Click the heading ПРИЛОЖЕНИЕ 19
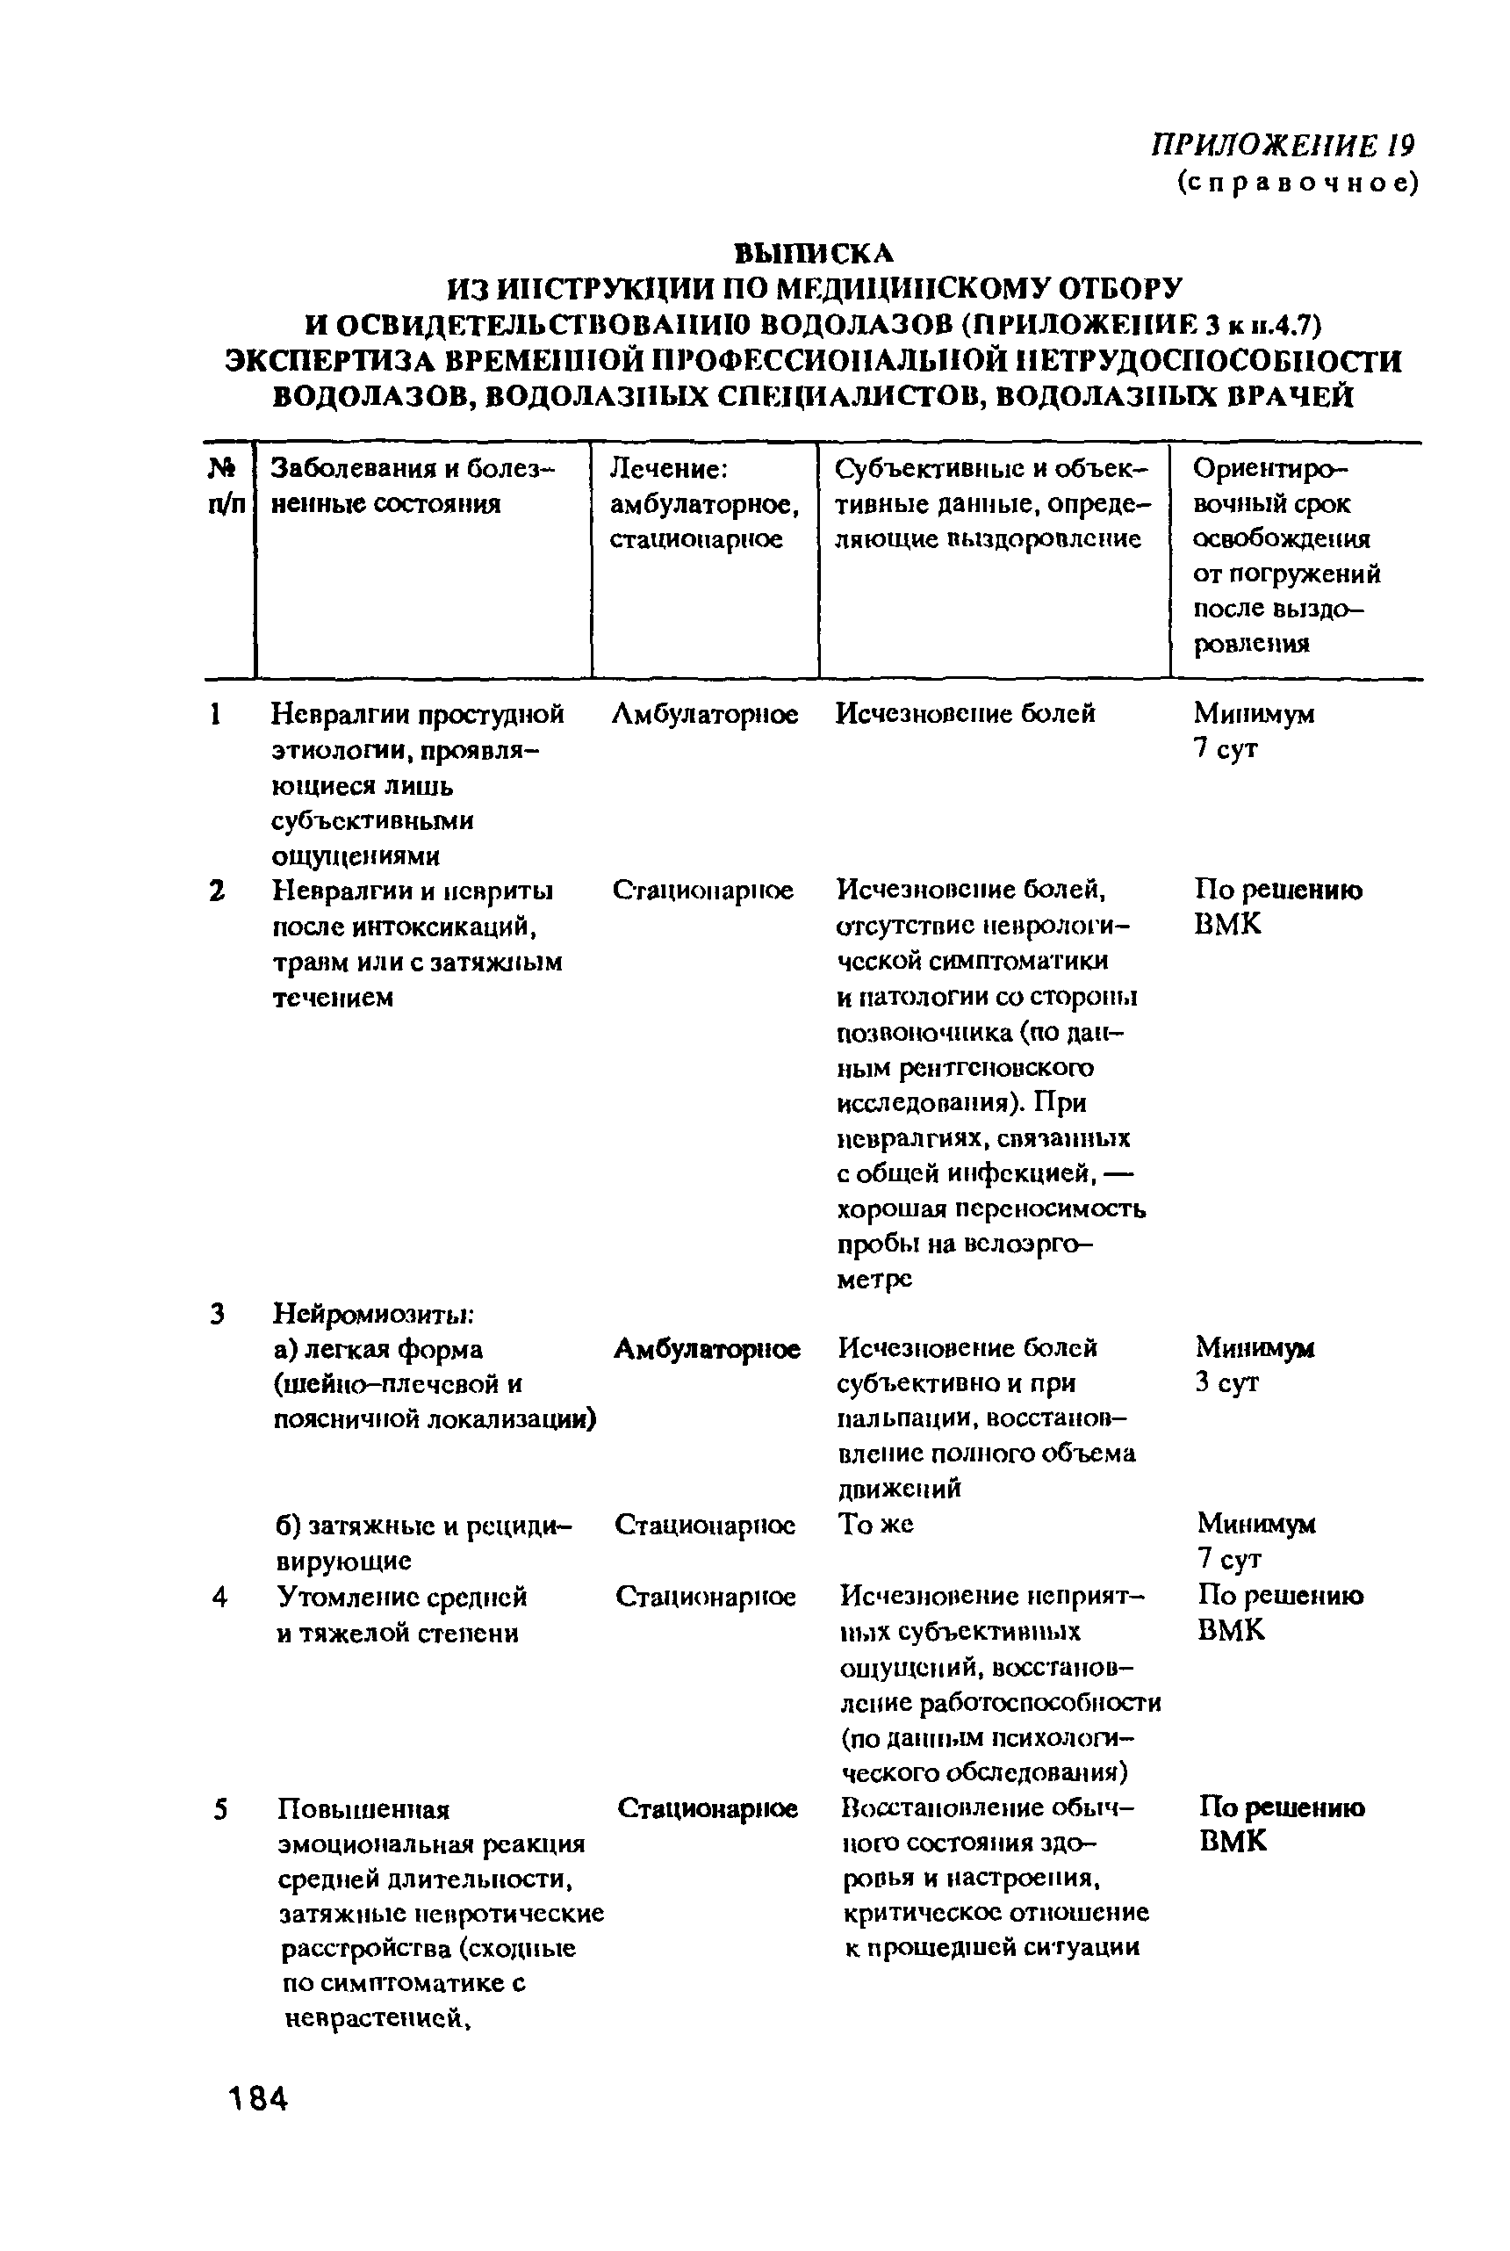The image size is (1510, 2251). pos(1283,146)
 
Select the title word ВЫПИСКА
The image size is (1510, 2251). pos(814,252)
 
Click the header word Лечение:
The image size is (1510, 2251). pos(668,469)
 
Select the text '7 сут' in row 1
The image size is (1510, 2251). pos(1225,748)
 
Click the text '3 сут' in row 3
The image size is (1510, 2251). pos(1227,1382)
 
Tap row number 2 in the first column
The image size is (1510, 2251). pos(218,891)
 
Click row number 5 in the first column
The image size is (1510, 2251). pos(220,1810)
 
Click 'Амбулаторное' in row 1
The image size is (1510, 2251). pos(705,714)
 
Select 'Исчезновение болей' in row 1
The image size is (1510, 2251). pos(965,714)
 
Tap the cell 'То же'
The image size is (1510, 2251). pos(875,1524)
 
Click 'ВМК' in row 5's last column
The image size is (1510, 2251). pos(1233,1842)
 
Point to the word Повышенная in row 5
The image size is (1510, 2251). pos(364,1810)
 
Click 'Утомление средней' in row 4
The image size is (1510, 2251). pos(401,1597)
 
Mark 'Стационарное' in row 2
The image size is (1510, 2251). pos(703,890)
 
